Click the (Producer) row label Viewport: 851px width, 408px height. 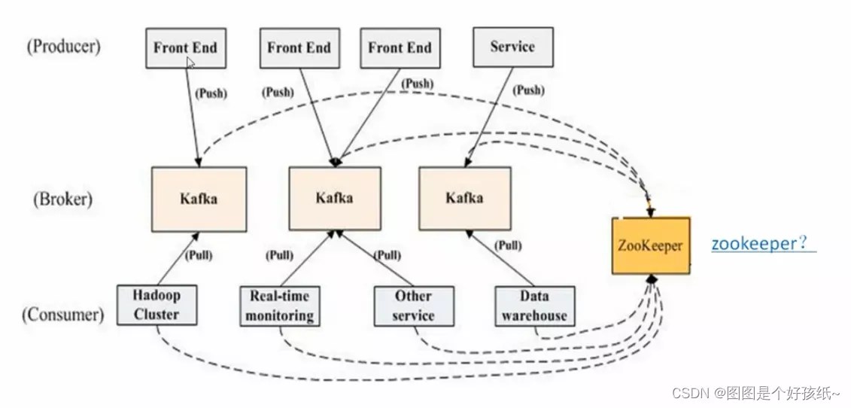pyautogui.click(x=63, y=46)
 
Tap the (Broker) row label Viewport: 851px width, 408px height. pyautogui.click(x=62, y=199)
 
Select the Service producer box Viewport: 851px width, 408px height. pyautogui.click(x=512, y=47)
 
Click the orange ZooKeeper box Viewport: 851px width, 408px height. pyautogui.click(x=650, y=245)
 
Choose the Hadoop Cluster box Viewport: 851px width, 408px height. pyautogui.click(x=157, y=305)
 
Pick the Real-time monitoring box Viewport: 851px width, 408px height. pyautogui.click(x=279, y=306)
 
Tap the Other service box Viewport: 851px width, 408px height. pyautogui.click(x=413, y=306)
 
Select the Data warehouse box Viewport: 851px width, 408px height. pyautogui.click(x=534, y=306)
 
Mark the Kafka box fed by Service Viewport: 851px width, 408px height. pyautogui.click(x=464, y=199)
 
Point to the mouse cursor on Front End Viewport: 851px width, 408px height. pyautogui.click(x=191, y=62)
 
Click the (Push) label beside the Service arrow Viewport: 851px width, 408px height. pyautogui.click(x=528, y=90)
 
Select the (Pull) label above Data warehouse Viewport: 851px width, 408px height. pyautogui.click(x=509, y=245)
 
